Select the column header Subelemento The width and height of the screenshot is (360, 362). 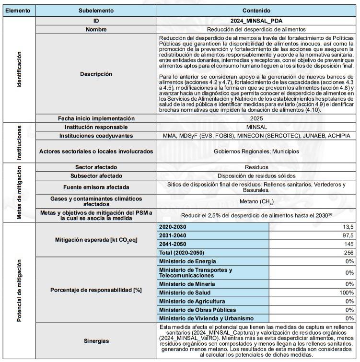click(x=96, y=10)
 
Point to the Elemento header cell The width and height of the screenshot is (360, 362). click(x=18, y=10)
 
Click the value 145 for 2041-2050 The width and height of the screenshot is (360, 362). click(x=348, y=244)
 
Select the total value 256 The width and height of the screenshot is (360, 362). click(x=348, y=253)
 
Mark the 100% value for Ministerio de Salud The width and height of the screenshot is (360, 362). click(x=346, y=292)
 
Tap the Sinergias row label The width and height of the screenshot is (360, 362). click(x=96, y=341)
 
